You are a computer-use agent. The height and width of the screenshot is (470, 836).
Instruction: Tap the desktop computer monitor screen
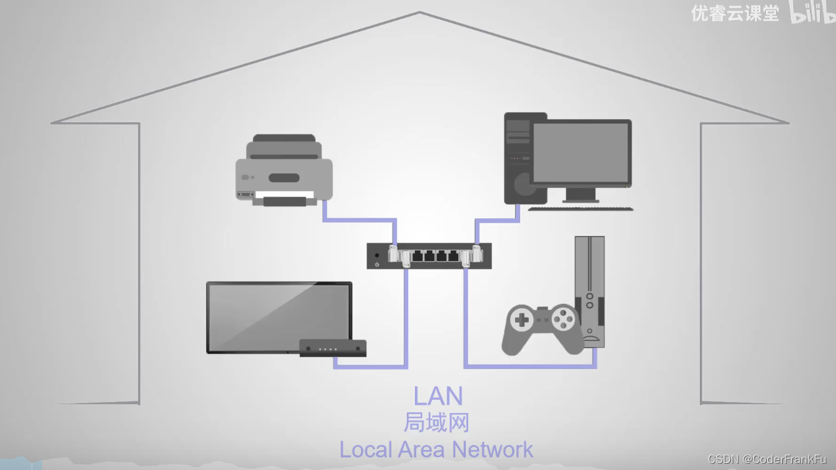coord(581,153)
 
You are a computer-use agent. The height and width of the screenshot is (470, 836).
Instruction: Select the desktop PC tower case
coord(518,158)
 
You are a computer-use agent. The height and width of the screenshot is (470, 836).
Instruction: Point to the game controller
coord(542,329)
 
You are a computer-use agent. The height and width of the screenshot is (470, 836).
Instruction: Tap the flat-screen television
coord(279,316)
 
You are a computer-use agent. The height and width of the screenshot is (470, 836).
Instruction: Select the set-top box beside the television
coord(333,348)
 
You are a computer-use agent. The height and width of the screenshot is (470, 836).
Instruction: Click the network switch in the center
coord(429,256)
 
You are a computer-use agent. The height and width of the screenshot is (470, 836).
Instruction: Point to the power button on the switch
coord(377,265)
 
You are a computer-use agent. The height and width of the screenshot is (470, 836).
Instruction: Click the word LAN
coord(438,396)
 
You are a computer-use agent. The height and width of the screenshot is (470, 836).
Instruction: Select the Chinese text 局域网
coord(436,423)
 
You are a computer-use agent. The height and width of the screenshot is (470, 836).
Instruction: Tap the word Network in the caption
coord(492,450)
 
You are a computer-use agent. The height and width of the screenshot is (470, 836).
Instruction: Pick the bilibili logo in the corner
coord(812,12)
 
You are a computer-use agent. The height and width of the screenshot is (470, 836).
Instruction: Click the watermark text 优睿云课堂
coord(734,14)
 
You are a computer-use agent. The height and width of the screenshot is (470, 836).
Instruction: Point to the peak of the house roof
coord(420,12)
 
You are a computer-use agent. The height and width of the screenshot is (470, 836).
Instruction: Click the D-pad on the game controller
coord(522,320)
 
